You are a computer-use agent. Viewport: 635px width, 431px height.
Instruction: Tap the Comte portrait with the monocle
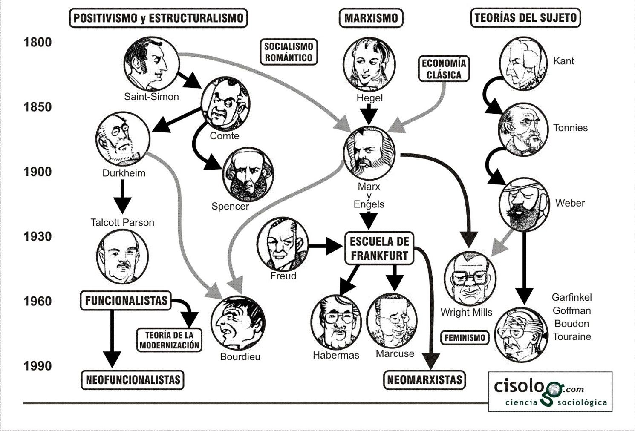(x=225, y=103)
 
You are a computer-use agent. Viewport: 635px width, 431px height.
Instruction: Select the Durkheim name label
(x=124, y=173)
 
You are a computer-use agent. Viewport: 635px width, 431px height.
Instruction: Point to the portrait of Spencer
(x=248, y=175)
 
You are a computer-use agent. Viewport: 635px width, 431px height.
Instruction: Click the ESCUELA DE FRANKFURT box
(x=379, y=248)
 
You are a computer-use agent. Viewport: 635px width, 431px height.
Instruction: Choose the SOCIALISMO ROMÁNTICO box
(x=289, y=52)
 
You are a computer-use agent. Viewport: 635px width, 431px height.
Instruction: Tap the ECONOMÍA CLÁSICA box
(x=444, y=69)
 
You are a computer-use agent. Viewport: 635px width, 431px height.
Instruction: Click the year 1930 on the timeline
(x=38, y=236)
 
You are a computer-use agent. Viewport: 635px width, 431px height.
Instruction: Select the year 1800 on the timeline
(x=38, y=42)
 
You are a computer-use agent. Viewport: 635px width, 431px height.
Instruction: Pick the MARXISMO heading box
(x=371, y=18)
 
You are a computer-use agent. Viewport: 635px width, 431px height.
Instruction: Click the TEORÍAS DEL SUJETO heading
(x=525, y=18)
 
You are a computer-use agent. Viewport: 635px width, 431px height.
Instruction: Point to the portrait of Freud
(x=282, y=244)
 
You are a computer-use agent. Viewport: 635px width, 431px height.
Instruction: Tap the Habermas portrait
(x=336, y=322)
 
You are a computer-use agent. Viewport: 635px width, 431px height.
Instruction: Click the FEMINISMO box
(x=465, y=338)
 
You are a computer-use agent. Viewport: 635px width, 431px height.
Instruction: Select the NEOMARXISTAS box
(x=424, y=380)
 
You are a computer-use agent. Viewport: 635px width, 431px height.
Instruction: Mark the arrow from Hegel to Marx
(x=369, y=114)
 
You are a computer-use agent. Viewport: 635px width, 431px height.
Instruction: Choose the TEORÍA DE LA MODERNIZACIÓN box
(x=169, y=340)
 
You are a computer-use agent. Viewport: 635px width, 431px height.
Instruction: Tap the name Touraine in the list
(x=572, y=337)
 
